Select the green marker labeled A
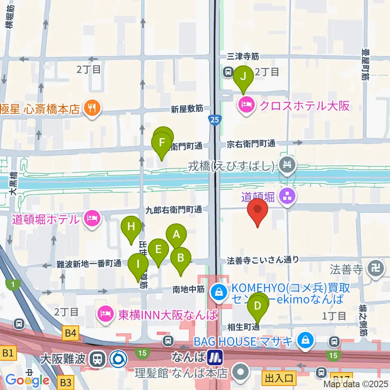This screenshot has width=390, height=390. (176, 234)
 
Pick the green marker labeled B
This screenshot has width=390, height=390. (181, 258)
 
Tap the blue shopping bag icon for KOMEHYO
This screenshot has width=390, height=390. (219, 291)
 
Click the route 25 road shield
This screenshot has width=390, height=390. (214, 119)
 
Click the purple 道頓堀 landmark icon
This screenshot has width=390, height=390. (288, 197)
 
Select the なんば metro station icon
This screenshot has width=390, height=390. (215, 358)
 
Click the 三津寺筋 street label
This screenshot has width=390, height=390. (243, 57)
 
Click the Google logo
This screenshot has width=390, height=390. (27, 380)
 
